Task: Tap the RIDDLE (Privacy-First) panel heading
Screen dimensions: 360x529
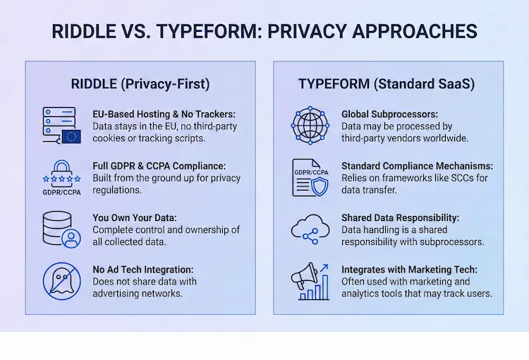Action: [x=140, y=83]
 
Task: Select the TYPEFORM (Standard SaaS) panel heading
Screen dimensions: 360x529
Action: [x=387, y=83]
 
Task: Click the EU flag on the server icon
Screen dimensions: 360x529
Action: [x=71, y=136]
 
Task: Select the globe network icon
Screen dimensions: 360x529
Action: [x=310, y=126]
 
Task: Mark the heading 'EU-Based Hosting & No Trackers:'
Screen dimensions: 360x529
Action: [x=164, y=114]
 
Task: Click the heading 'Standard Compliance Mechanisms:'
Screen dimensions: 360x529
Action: [x=417, y=166]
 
